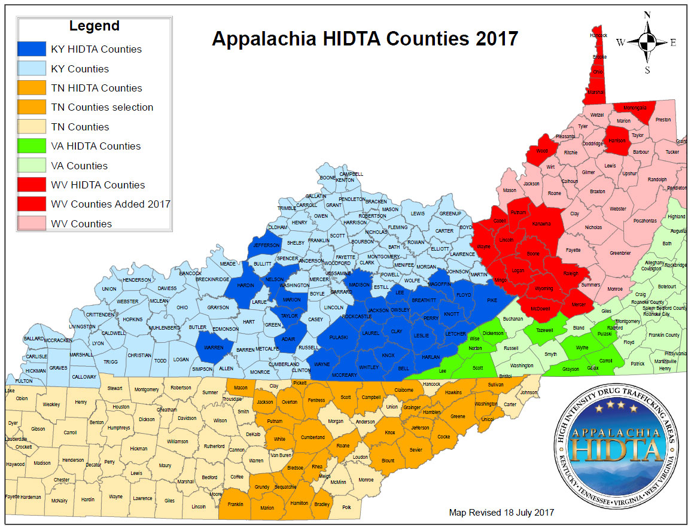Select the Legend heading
pyautogui.click(x=94, y=26)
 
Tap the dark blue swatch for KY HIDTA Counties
pyautogui.click(x=31, y=49)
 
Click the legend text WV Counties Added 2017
pyautogui.click(x=111, y=204)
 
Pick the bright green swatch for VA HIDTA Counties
pyautogui.click(x=31, y=146)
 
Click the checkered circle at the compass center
pyautogui.click(x=647, y=42)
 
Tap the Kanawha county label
pyautogui.click(x=541, y=224)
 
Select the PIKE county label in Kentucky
pyautogui.click(x=492, y=300)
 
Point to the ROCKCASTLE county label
pyautogui.click(x=357, y=316)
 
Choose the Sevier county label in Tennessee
pyautogui.click(x=416, y=450)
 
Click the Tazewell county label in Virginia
pyautogui.click(x=541, y=330)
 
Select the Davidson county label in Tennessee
pyautogui.click(x=187, y=418)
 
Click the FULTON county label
pyautogui.click(x=23, y=380)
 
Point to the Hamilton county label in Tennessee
pyautogui.click(x=299, y=503)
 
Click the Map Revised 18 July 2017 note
pyautogui.click(x=501, y=513)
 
